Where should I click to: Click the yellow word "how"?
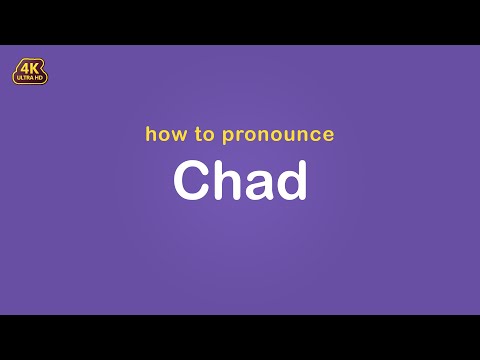click(x=163, y=134)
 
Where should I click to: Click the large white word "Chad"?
click(x=240, y=181)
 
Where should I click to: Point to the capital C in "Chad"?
click(x=191, y=181)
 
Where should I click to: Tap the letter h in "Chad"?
click(x=225, y=181)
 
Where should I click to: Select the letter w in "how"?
click(x=176, y=135)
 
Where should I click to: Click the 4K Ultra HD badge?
click(x=30, y=71)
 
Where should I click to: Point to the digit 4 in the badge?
click(x=23, y=68)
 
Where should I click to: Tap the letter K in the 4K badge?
click(x=36, y=68)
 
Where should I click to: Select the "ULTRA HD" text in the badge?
click(x=30, y=79)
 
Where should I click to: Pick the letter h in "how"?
click(x=151, y=133)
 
